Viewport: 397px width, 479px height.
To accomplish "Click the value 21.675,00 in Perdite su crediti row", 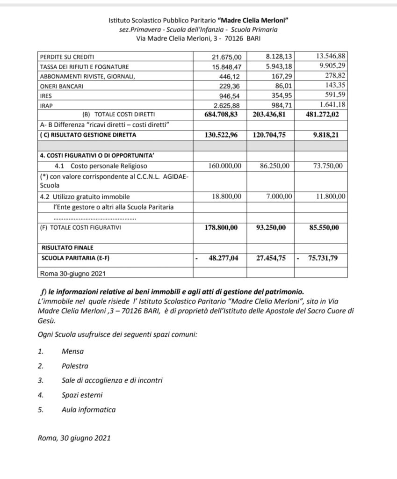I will click(x=226, y=57).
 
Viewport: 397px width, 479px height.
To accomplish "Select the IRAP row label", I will click(x=48, y=106).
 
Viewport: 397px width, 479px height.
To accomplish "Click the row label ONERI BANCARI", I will click(x=61, y=86).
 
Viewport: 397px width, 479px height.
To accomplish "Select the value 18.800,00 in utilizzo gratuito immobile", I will click(x=227, y=196).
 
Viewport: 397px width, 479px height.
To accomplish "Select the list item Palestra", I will click(x=74, y=365).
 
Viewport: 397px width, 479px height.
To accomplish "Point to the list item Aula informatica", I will click(x=88, y=410).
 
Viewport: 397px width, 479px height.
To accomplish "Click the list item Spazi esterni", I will click(x=82, y=395).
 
